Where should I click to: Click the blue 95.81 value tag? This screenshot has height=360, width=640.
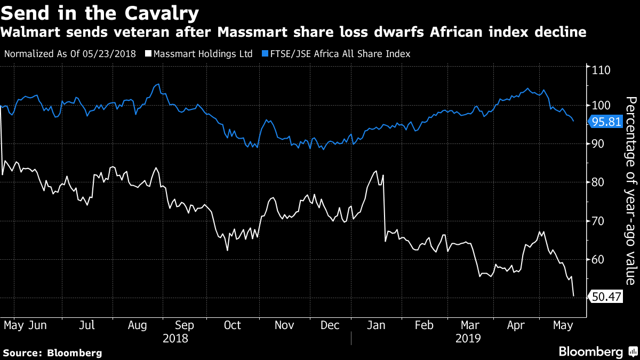pyautogui.click(x=607, y=122)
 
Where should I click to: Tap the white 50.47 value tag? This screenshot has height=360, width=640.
pyautogui.click(x=607, y=297)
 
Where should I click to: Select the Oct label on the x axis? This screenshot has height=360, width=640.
pyautogui.click(x=233, y=325)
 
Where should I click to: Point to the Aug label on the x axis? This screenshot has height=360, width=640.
pyautogui.click(x=138, y=325)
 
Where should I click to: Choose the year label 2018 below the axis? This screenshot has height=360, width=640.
pyautogui.click(x=176, y=338)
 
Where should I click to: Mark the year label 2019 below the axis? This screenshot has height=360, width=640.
pyautogui.click(x=469, y=338)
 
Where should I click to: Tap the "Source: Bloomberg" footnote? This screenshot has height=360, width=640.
pyautogui.click(x=52, y=353)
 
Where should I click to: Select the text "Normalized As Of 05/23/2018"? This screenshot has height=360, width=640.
pyautogui.click(x=70, y=54)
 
